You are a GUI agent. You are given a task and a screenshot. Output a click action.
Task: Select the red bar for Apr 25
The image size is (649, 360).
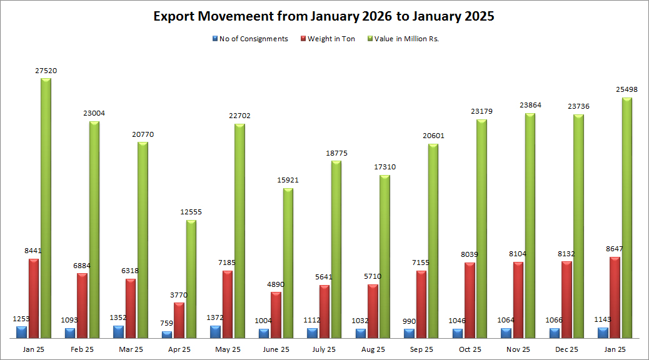(179, 320)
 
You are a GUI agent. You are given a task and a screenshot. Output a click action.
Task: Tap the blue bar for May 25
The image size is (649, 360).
(215, 332)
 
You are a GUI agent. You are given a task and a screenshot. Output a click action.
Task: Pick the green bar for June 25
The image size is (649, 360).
(288, 263)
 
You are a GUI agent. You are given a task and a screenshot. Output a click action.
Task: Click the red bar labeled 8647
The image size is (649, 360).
(615, 297)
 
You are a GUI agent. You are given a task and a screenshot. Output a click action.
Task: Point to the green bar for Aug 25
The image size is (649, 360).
(385, 256)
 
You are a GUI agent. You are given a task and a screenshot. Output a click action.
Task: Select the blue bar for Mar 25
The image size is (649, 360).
(118, 332)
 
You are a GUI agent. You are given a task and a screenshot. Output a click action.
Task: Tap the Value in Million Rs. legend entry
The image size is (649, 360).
(407, 39)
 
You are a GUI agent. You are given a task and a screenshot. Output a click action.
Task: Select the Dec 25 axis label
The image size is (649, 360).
(566, 349)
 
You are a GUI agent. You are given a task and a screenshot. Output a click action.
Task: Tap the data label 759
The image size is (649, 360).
(168, 323)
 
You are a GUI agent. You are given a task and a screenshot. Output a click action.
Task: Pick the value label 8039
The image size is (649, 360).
(469, 255)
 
